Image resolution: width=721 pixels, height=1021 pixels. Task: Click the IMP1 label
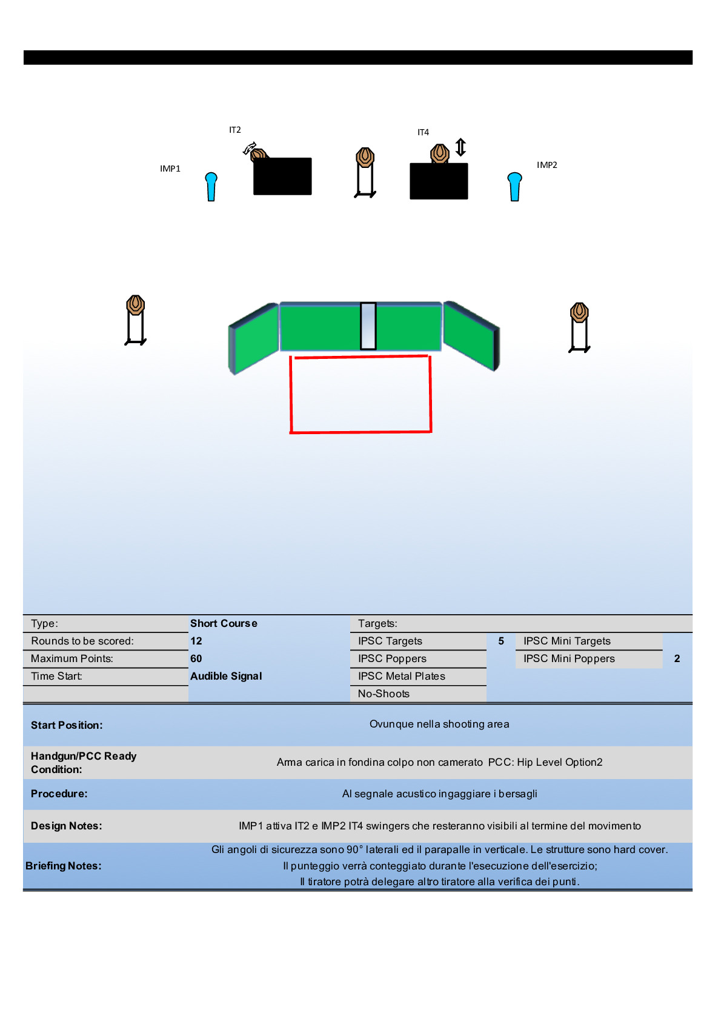[x=170, y=169]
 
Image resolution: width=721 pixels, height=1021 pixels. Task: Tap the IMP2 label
[x=547, y=165]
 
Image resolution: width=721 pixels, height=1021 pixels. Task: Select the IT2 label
[x=235, y=130]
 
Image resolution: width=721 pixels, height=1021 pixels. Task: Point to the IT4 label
[x=423, y=132]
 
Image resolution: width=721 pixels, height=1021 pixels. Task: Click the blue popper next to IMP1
[x=211, y=186]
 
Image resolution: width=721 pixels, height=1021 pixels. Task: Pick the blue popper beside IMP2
[x=514, y=186]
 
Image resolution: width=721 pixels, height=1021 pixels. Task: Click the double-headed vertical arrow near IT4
[x=460, y=147]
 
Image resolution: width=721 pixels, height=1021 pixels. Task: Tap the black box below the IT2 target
[x=282, y=176]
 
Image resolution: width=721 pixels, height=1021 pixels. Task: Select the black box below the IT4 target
[x=439, y=181]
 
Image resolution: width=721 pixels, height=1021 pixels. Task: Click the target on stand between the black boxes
[x=365, y=172]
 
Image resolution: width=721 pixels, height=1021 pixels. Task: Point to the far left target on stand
[x=136, y=320]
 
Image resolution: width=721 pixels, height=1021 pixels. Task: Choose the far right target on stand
[x=579, y=327]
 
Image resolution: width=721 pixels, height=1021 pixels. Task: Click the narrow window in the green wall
[x=368, y=326]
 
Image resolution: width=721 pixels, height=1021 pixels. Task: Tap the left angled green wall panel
[x=253, y=338]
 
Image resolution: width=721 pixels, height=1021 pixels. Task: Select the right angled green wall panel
[x=471, y=335]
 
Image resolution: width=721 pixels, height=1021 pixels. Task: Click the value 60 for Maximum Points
[x=196, y=658]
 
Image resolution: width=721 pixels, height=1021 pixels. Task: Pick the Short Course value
[x=224, y=623]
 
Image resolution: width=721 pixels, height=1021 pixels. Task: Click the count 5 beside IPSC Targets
[x=501, y=641]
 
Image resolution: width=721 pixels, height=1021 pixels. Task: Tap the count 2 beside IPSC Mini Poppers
[x=677, y=658]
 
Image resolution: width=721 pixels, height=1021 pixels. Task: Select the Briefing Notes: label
[x=64, y=866]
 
